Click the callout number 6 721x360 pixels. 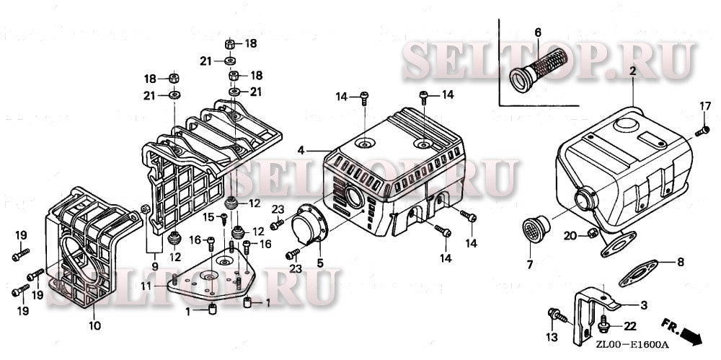[x=537, y=32]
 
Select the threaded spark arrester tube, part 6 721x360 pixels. [x=534, y=69]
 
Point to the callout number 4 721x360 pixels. [x=301, y=150]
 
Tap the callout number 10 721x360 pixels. [x=94, y=325]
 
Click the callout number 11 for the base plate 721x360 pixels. [x=145, y=286]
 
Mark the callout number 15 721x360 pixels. [x=207, y=216]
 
